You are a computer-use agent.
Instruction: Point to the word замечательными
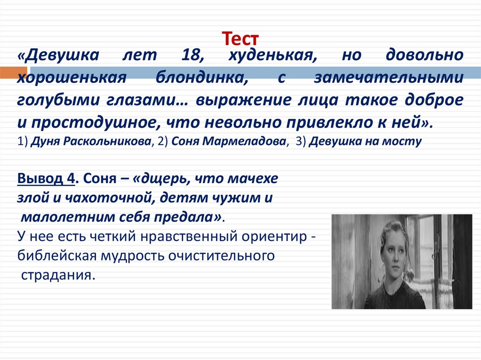(x=388, y=78)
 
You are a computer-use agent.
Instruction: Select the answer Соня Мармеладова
(x=229, y=141)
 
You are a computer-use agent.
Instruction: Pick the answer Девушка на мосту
(x=365, y=141)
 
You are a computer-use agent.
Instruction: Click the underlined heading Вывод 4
(x=46, y=179)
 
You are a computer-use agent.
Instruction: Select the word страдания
(x=58, y=275)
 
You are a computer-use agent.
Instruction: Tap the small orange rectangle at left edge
(x=7, y=73)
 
